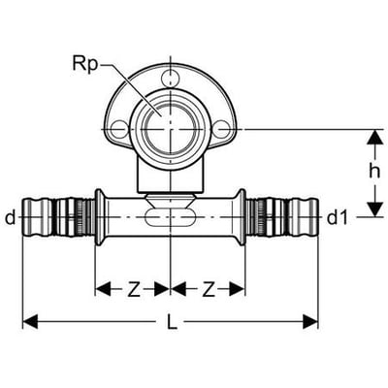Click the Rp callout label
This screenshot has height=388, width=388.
[84, 64]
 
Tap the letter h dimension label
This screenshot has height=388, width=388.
[374, 172]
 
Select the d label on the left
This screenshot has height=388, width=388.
[11, 217]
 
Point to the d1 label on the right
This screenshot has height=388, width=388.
[338, 218]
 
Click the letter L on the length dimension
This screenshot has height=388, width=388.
[173, 321]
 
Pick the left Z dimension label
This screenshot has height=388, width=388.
[134, 289]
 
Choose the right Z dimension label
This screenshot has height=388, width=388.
[209, 289]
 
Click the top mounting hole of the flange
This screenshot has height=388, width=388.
[170, 78]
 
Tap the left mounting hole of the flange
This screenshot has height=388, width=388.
[119, 129]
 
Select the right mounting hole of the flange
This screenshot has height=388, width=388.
[223, 129]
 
